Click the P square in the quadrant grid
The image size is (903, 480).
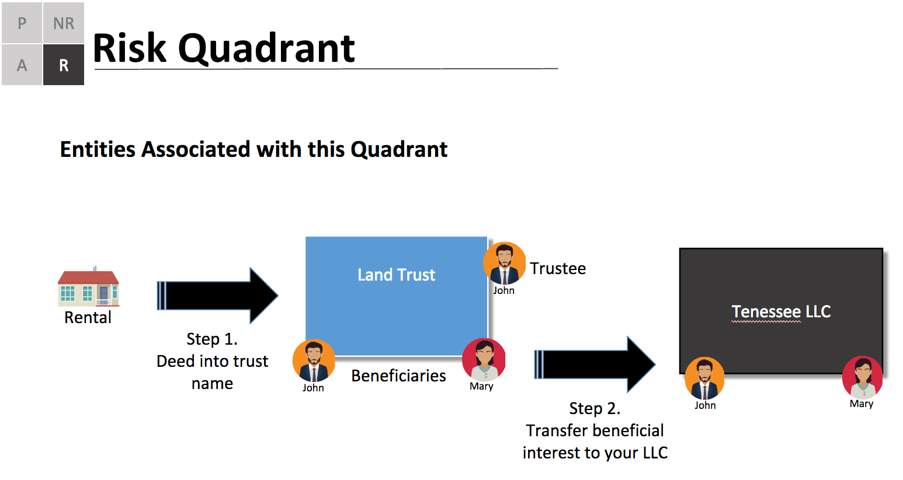pyautogui.click(x=22, y=23)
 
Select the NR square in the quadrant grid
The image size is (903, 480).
pyautogui.click(x=64, y=23)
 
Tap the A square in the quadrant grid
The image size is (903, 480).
pyautogui.click(x=22, y=65)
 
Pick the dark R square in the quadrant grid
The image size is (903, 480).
pyautogui.click(x=64, y=65)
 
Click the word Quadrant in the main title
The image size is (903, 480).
pyautogui.click(x=266, y=49)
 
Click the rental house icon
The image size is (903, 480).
pyautogui.click(x=88, y=287)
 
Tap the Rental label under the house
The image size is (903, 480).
pyautogui.click(x=88, y=318)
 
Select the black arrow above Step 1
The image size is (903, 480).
pyautogui.click(x=218, y=296)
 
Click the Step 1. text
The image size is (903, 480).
pyautogui.click(x=212, y=339)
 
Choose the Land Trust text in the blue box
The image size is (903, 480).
pyautogui.click(x=396, y=275)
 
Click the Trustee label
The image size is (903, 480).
pyautogui.click(x=558, y=269)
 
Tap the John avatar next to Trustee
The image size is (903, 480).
pyautogui.click(x=504, y=263)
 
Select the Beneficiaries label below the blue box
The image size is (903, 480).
pyautogui.click(x=398, y=376)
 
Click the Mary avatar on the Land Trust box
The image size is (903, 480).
pyautogui.click(x=484, y=360)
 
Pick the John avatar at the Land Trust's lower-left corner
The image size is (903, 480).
pyautogui.click(x=314, y=361)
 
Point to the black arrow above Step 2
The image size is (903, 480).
pyautogui.click(x=595, y=365)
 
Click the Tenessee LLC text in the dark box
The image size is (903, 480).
pyautogui.click(x=782, y=312)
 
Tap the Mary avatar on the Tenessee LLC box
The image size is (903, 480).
pyautogui.click(x=862, y=377)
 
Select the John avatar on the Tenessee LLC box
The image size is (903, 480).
pyautogui.click(x=704, y=378)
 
